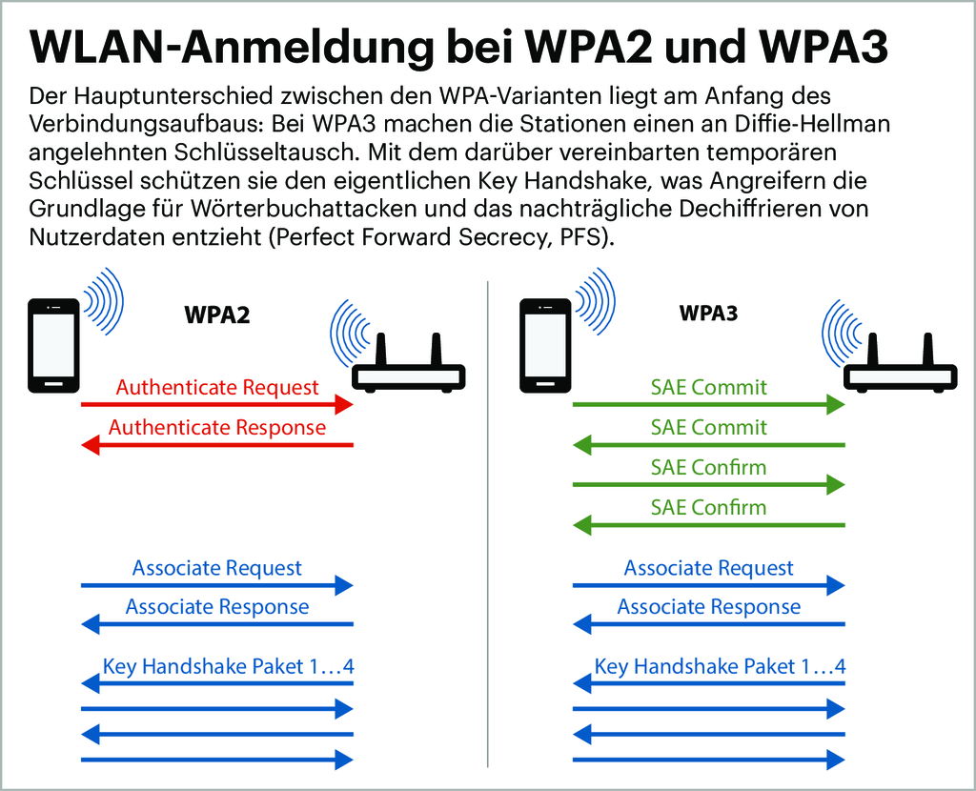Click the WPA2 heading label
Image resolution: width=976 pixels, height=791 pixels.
pos(216,315)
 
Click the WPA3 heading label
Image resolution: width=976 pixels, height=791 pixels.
pos(708,314)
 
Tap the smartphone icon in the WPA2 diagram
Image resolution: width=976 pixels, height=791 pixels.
pos(53,345)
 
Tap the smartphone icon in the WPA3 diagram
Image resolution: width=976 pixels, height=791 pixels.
pos(544,345)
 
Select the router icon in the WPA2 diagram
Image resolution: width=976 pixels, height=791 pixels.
pos(409,367)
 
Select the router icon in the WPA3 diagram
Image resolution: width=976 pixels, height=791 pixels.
pos(901,367)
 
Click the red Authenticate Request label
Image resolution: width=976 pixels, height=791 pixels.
pos(217,388)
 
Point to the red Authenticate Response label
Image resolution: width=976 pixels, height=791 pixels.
pos(217,428)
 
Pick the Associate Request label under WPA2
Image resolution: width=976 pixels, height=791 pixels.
pos(217,569)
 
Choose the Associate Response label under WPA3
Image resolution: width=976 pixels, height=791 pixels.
pos(708,607)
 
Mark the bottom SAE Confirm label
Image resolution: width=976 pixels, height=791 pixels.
pos(708,508)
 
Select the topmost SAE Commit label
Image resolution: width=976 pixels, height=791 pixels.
pos(708,388)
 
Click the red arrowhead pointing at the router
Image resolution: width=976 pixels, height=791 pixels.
pos(342,405)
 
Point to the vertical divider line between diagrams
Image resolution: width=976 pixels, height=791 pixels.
pos(487,524)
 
